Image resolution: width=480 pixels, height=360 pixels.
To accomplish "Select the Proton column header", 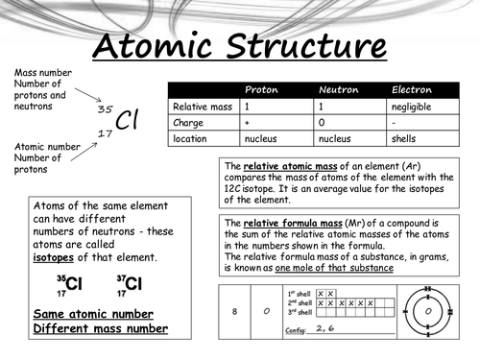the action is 262,89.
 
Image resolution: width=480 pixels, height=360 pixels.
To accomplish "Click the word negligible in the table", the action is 416,106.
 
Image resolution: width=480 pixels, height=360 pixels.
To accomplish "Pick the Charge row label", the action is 188,122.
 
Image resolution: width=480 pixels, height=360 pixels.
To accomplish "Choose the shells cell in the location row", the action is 406,138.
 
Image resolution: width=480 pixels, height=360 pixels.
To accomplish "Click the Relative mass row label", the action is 202,106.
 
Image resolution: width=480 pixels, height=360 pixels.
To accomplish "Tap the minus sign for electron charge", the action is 395,122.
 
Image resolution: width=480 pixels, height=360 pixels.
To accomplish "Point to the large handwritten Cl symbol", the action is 129,120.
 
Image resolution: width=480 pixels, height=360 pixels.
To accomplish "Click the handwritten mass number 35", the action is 106,109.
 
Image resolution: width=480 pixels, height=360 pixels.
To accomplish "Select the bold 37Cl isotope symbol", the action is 129,283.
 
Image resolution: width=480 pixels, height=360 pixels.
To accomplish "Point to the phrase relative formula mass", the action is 283,223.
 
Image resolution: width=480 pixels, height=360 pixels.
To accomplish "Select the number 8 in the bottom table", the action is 235,311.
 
